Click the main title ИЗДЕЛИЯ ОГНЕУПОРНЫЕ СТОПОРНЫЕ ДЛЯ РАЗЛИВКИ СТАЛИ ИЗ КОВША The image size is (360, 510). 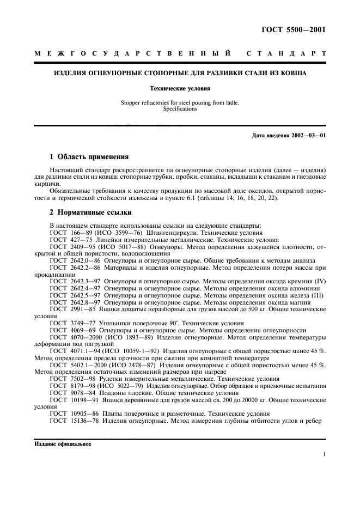point(179,72)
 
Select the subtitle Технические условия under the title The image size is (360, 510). point(179,87)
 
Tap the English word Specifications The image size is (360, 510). point(179,108)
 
